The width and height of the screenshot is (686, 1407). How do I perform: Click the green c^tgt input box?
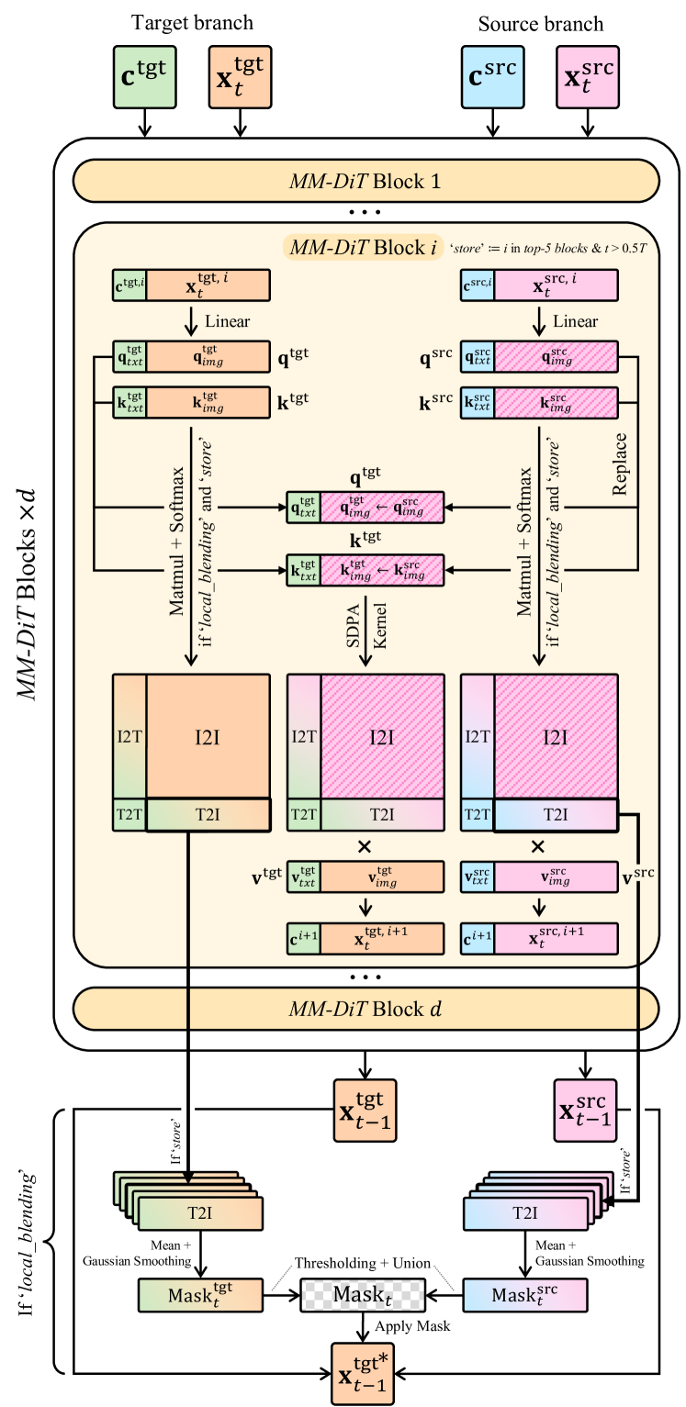(144, 76)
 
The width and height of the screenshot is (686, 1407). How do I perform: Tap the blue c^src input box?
(492, 76)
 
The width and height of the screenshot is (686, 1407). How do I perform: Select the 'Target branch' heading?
(192, 23)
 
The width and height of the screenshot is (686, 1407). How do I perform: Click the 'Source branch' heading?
(540, 24)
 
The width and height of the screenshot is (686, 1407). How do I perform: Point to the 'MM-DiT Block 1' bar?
(366, 181)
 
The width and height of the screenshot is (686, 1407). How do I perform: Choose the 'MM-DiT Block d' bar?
(366, 1008)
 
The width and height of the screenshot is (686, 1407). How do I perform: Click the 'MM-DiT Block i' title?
(363, 248)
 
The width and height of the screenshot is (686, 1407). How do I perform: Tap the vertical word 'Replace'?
(619, 464)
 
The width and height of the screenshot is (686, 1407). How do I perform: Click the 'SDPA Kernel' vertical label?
(365, 626)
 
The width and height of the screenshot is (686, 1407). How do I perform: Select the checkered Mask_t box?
(363, 1294)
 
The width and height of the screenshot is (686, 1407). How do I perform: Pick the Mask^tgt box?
(200, 1294)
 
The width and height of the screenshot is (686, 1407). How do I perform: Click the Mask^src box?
(525, 1294)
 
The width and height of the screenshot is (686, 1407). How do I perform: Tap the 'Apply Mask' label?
(412, 1326)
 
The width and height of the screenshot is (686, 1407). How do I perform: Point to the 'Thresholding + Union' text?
(363, 1263)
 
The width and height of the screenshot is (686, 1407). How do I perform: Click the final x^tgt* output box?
(363, 1374)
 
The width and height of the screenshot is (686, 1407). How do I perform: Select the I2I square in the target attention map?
(208, 736)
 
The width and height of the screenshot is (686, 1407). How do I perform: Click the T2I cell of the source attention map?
(556, 815)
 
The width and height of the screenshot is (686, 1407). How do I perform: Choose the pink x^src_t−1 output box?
(586, 1111)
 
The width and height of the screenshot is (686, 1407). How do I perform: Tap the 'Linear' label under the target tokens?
(228, 321)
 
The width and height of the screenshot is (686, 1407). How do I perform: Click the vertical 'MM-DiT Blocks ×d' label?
(27, 594)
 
